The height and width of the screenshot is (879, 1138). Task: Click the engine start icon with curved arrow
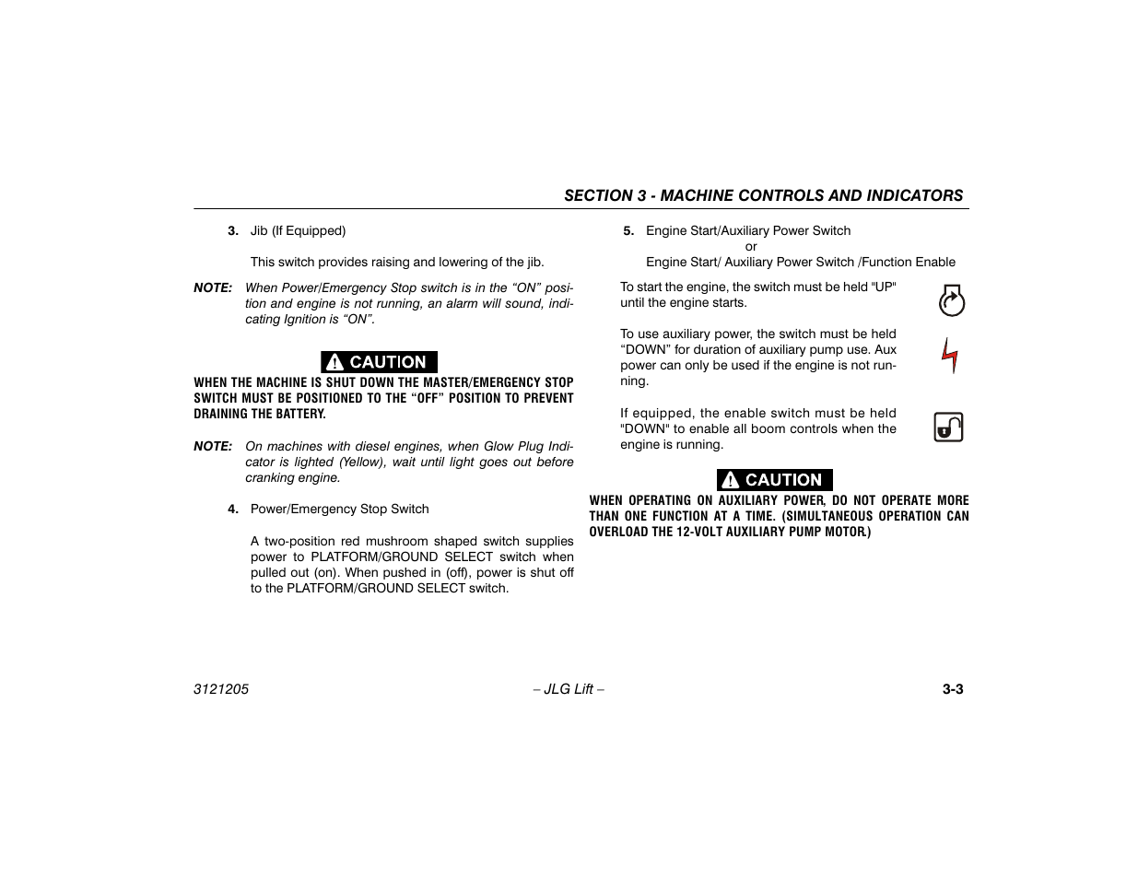point(951,301)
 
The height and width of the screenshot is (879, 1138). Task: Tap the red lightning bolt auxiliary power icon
point(950,355)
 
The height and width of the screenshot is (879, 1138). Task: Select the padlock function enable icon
point(948,427)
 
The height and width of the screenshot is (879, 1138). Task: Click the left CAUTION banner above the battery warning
point(379,362)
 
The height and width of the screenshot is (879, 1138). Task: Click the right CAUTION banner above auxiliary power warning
point(774,480)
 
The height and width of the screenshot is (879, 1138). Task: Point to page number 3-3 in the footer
point(952,689)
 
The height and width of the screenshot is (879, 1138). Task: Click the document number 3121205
point(221,689)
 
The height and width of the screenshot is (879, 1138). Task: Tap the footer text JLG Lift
point(569,689)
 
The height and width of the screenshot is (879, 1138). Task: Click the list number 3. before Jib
point(233,231)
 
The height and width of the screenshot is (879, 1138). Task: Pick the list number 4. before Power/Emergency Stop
point(233,510)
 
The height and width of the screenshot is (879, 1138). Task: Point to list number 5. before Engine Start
point(628,231)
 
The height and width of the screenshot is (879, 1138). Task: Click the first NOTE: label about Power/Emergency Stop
point(213,288)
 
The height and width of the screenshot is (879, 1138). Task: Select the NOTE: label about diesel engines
point(213,447)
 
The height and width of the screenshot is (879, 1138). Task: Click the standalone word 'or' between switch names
point(751,247)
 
